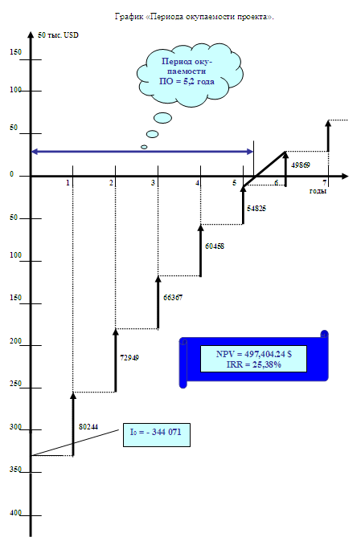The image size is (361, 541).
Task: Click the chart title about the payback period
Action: tap(194, 17)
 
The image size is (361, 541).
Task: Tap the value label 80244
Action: tap(88, 427)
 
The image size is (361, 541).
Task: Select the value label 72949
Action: tap(129, 358)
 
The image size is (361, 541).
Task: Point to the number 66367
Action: tap(173, 298)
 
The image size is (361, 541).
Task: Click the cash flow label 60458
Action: tap(215, 246)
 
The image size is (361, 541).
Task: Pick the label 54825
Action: tap(256, 209)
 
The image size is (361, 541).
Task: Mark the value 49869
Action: tap(301, 165)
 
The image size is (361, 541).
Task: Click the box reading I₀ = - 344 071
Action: tap(157, 435)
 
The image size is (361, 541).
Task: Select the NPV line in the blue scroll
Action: tap(254, 354)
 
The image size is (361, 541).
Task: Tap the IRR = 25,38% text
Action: tap(254, 364)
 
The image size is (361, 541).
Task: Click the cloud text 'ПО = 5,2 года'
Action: tap(187, 81)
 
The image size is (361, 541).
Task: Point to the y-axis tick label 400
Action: tap(15, 513)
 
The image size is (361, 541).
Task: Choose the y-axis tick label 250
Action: tap(15, 384)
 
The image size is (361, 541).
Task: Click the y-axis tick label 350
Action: tap(15, 470)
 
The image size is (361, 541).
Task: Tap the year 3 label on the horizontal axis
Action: tap(153, 183)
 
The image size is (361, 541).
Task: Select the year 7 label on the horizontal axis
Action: tap(324, 183)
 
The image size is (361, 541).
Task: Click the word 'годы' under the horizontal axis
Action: tap(318, 191)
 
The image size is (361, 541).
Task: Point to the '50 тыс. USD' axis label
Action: tap(58, 35)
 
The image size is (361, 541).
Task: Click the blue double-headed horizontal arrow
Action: tap(142, 152)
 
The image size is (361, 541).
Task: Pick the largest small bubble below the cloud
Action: tap(162, 118)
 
